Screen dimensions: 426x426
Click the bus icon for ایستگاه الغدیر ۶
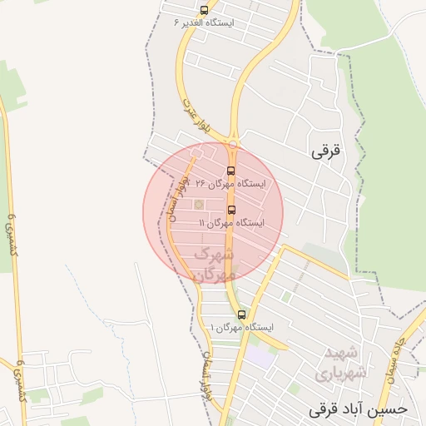(x=205, y=10)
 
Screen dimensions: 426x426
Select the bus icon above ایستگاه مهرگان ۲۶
(x=230, y=171)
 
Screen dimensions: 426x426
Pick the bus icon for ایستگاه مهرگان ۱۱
(x=230, y=210)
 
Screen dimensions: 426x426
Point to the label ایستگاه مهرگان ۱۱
(x=231, y=223)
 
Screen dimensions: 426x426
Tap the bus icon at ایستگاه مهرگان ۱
(x=241, y=315)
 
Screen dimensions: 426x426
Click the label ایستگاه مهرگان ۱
(x=241, y=328)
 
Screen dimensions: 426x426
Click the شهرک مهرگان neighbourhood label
(x=215, y=263)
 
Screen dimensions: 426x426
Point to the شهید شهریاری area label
(x=341, y=363)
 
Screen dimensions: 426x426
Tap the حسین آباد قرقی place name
(x=359, y=409)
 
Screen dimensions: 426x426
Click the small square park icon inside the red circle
(x=199, y=204)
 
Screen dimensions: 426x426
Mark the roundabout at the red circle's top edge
(x=196, y=153)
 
